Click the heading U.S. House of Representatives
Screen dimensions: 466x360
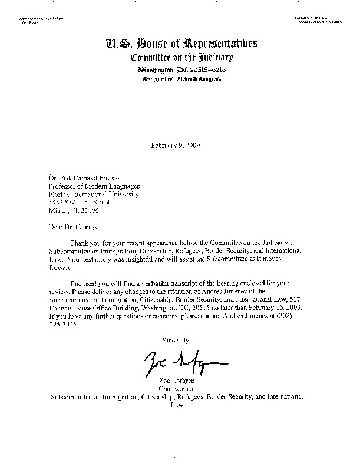180,44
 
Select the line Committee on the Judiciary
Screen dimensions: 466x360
180,58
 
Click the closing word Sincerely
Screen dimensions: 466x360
176,340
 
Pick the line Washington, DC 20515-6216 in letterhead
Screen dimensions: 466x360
180,69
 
